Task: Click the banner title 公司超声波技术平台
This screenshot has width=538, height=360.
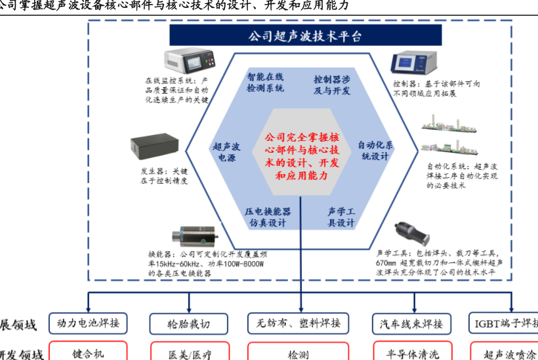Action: pos(305,36)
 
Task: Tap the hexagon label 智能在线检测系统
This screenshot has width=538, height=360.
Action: pos(265,82)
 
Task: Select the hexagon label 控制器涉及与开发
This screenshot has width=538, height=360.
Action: pos(332,85)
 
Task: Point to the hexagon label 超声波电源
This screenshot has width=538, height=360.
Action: pos(226,152)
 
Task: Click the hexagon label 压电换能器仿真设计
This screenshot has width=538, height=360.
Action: pos(268,217)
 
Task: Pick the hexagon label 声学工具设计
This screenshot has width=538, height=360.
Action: pos(341,217)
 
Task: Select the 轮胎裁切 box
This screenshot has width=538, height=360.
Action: pos(189,324)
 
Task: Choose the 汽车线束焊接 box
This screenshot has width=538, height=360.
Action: pos(411,323)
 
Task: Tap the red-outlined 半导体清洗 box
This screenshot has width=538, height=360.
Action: pos(412,353)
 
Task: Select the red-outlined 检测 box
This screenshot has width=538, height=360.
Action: pos(299,353)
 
